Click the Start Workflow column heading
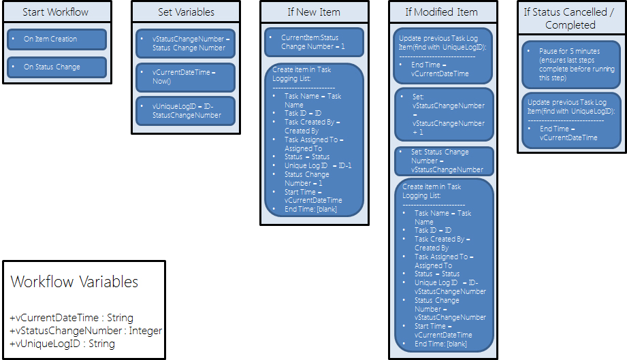[x=56, y=12]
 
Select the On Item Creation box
[x=57, y=39]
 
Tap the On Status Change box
[x=57, y=67]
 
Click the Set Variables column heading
[x=185, y=12]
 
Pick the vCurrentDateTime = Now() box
[x=185, y=77]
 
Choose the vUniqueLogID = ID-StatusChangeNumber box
[x=185, y=110]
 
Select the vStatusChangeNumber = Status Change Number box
[x=185, y=43]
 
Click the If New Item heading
[x=315, y=12]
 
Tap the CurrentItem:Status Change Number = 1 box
[x=314, y=42]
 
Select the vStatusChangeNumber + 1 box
[x=444, y=114]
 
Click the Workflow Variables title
[x=75, y=282]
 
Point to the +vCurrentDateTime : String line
[x=71, y=318]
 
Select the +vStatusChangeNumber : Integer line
[x=86, y=331]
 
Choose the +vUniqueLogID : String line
[x=63, y=344]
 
